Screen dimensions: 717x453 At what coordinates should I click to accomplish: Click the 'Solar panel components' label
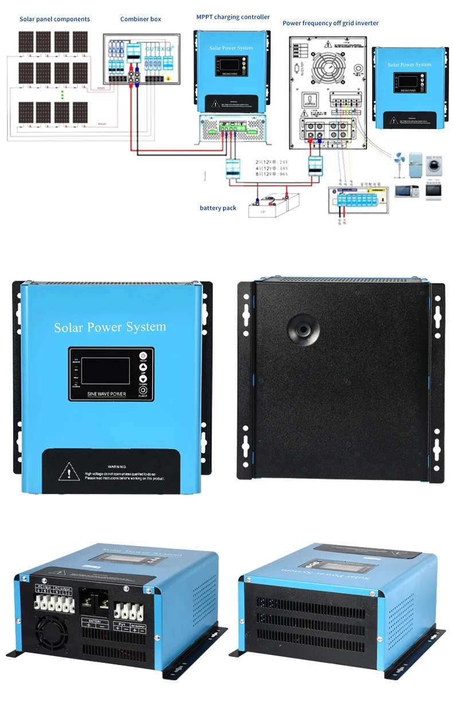54,19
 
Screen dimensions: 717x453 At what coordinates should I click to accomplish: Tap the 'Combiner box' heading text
140,19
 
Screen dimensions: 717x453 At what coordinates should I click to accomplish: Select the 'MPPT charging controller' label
233,17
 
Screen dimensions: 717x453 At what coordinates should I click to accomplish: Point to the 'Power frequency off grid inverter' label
330,23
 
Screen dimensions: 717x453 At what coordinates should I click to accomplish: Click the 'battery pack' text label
218,208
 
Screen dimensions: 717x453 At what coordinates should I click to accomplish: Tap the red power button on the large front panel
143,356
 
